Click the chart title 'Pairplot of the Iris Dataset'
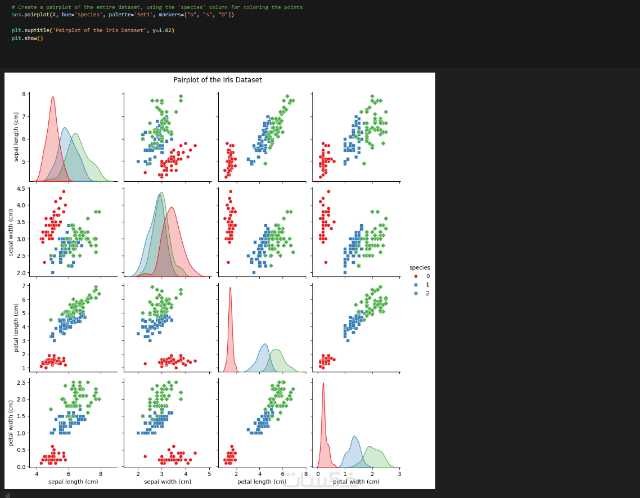[x=218, y=80]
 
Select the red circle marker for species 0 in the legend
[x=416, y=276]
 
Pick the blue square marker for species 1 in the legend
[x=416, y=285]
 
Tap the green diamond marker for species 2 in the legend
[x=416, y=293]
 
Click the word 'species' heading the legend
[x=420, y=268]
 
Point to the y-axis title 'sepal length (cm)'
[x=17, y=137]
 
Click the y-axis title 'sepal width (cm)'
[x=11, y=231]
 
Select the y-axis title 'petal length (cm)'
[x=17, y=327]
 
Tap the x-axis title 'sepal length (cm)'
[x=73, y=482]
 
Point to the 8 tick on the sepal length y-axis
[x=24, y=94]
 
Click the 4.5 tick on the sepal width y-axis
[x=21, y=189]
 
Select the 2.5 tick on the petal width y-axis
[x=21, y=383]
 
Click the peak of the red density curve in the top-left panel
[x=53, y=97]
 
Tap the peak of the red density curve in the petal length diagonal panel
[x=230, y=288]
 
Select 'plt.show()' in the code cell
[x=27, y=38]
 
